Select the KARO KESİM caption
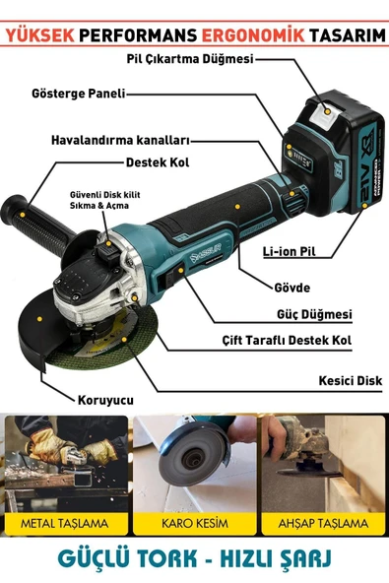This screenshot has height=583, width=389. point(193,523)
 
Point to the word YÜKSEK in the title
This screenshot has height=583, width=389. point(42,32)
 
